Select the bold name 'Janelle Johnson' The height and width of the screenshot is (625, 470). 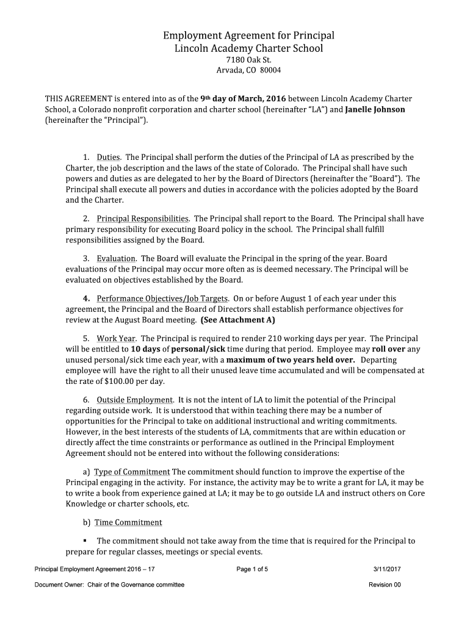375,109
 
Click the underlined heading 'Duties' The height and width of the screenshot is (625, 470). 109,157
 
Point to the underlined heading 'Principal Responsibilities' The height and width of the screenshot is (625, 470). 143,219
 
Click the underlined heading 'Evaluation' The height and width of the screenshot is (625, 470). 116,258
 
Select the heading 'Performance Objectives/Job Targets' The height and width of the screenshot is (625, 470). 162,298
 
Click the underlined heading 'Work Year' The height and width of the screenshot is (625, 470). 116,338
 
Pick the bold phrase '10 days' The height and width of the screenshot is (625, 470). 145,349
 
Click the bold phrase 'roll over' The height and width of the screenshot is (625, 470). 389,349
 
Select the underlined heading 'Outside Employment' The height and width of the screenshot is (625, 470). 135,400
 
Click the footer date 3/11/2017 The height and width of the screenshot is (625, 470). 387,569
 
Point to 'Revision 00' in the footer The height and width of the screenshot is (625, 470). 385,585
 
